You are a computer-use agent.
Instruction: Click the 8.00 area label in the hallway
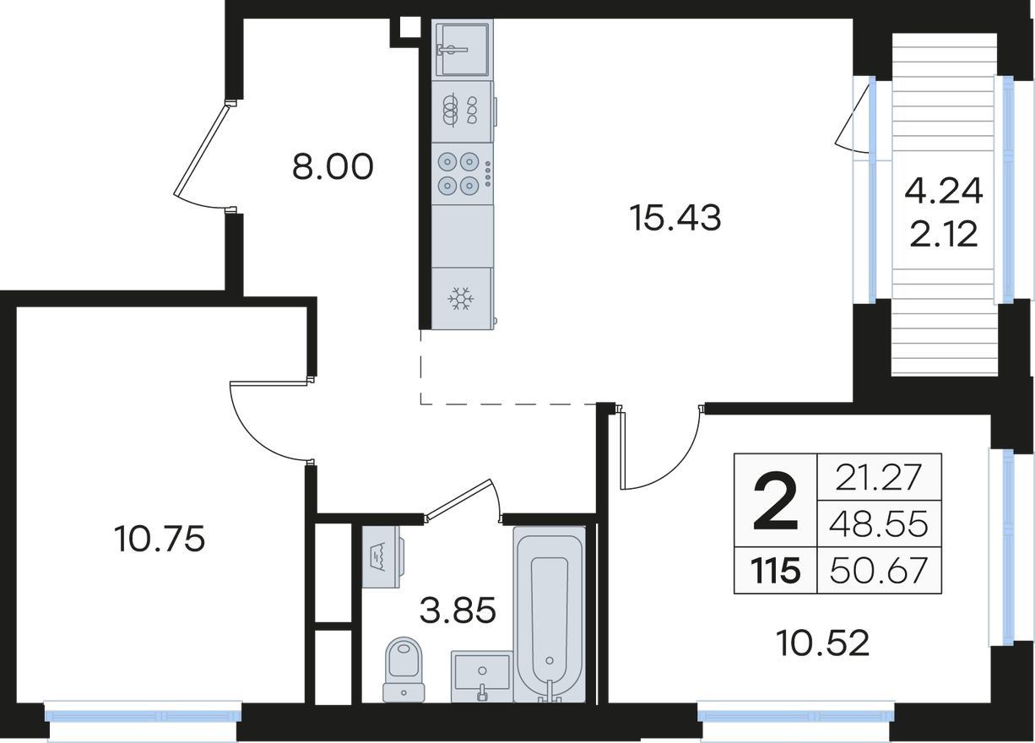pos(333,167)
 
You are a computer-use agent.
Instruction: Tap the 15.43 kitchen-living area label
pos(675,218)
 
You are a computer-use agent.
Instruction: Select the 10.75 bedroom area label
pos(160,540)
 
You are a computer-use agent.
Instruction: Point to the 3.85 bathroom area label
pos(458,610)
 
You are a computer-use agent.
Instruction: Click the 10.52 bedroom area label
pos(823,643)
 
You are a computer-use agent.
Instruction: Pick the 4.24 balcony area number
pos(944,192)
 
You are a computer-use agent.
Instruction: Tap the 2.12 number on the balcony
pos(944,234)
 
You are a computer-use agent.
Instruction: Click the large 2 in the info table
pos(775,501)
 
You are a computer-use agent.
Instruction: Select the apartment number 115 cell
pos(775,571)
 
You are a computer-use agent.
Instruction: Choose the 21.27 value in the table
pos(878,477)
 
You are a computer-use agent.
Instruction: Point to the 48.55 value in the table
pos(878,524)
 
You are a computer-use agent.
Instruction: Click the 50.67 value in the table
pos(878,571)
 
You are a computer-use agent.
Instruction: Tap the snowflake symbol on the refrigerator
pos(461,299)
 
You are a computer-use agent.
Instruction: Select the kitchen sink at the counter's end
pos(462,50)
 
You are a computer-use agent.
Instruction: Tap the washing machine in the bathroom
pos(382,557)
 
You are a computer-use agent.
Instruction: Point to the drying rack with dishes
pos(462,111)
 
